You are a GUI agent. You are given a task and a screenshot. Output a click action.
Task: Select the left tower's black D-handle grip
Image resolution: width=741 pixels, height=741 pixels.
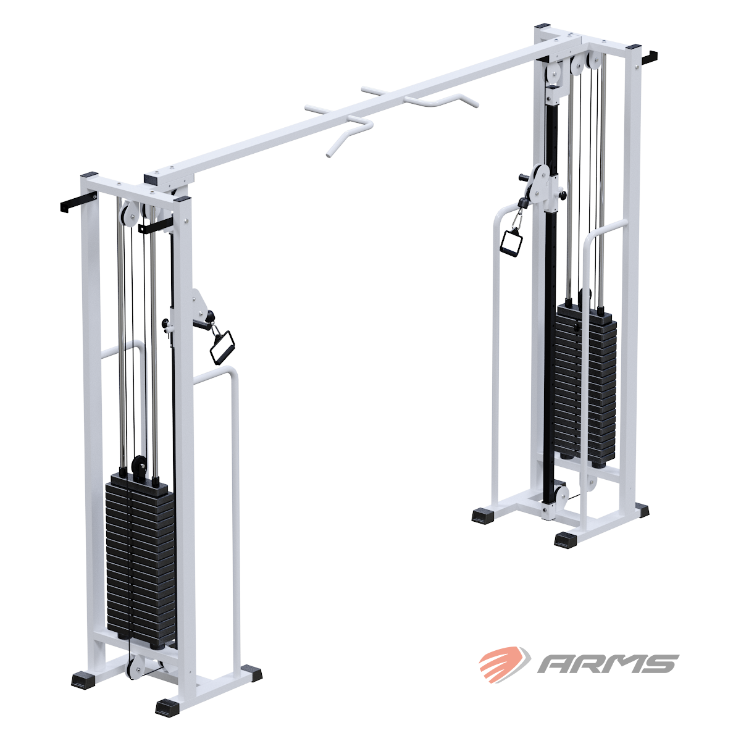[222, 347]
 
